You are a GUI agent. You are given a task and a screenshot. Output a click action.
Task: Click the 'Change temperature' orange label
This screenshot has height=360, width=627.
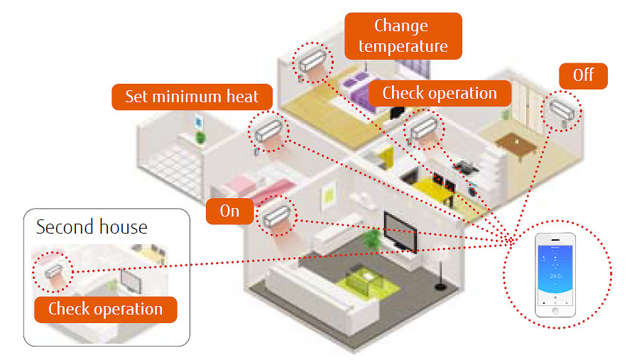click(403, 36)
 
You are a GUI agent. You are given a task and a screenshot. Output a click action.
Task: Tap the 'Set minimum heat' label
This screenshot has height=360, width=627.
click(192, 97)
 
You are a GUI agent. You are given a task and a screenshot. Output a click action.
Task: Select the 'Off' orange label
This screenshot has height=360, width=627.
click(583, 75)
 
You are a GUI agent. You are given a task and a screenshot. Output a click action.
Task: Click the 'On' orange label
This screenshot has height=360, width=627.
click(229, 211)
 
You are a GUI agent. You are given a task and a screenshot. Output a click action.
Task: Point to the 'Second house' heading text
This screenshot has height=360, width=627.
click(92, 227)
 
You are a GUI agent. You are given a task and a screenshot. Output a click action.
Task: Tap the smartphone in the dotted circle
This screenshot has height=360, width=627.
click(557, 273)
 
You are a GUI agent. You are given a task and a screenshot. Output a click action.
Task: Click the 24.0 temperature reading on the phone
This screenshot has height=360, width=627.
click(556, 276)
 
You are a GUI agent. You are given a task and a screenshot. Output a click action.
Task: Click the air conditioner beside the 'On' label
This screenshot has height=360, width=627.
click(278, 216)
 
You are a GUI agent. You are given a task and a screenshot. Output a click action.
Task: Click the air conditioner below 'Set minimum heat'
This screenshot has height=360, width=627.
click(267, 131)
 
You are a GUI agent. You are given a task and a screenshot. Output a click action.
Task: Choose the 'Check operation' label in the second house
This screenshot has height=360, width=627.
click(105, 309)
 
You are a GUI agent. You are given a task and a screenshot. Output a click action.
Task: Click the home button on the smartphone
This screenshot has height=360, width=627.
click(556, 310)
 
